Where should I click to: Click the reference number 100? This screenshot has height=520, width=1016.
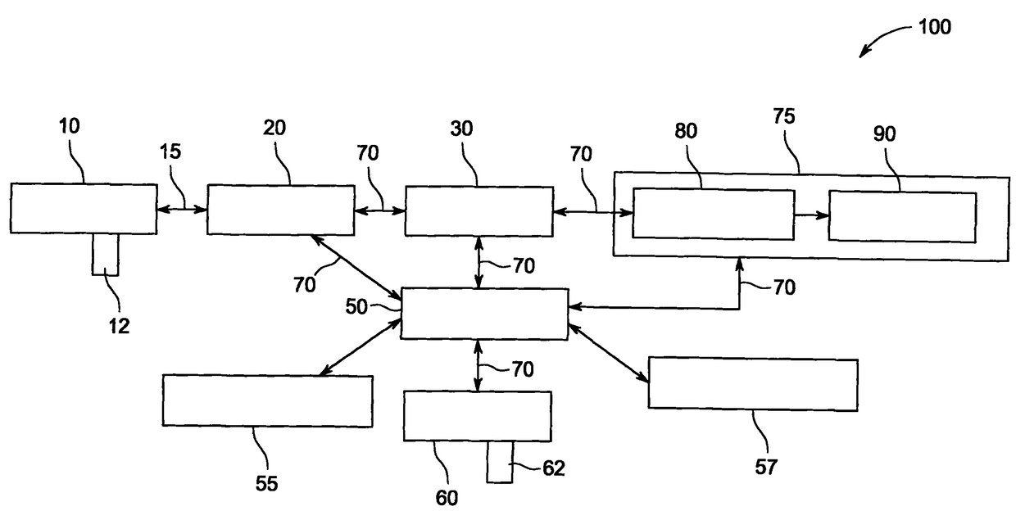click(x=934, y=27)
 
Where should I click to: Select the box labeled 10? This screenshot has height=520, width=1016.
click(x=84, y=209)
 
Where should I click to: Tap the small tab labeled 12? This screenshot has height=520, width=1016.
click(x=105, y=255)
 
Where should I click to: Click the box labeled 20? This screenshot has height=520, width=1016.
click(x=281, y=210)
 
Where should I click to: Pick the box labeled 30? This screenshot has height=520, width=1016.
click(x=479, y=211)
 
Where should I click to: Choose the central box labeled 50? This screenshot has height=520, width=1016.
click(x=484, y=314)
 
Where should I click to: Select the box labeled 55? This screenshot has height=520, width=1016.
click(x=268, y=400)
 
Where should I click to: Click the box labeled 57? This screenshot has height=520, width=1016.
click(x=753, y=384)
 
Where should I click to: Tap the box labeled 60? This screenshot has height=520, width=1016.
click(x=478, y=416)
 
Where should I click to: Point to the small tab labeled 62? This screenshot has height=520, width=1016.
click(x=500, y=462)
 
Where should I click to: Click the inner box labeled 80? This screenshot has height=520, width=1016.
click(x=714, y=215)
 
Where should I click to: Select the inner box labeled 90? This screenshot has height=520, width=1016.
click(x=903, y=217)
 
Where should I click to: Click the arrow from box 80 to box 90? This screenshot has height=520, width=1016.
click(x=812, y=215)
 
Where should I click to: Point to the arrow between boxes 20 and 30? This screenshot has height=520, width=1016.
click(x=380, y=210)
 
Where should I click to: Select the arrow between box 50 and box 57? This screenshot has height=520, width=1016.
click(x=608, y=353)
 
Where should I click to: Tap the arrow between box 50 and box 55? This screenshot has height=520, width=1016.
click(x=361, y=347)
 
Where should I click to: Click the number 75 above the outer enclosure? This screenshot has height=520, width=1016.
click(x=784, y=116)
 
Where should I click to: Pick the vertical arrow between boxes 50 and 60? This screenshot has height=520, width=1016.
click(x=478, y=365)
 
